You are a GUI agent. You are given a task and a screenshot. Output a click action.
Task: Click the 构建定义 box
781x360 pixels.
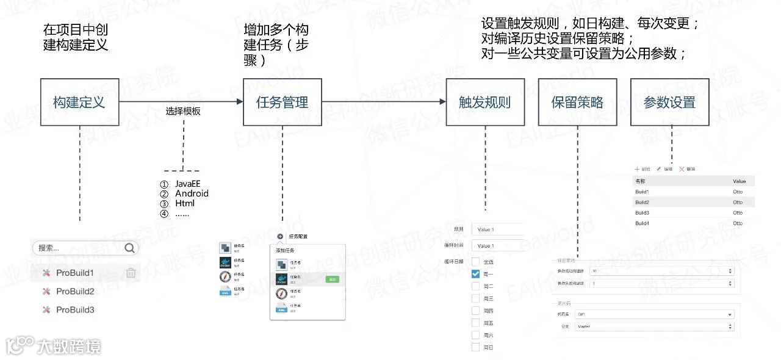click(x=79, y=103)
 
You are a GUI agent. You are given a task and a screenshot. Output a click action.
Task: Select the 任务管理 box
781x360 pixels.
click(x=282, y=103)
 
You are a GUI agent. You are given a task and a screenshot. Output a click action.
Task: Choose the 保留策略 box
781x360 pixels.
click(x=577, y=103)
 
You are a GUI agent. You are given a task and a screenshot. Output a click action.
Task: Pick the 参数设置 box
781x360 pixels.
click(x=669, y=103)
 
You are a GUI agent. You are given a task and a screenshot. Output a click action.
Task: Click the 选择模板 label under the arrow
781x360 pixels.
click(x=183, y=112)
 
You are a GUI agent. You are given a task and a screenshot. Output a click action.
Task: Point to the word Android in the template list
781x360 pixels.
click(x=192, y=193)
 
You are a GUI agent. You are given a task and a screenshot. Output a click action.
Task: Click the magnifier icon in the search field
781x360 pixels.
click(x=129, y=248)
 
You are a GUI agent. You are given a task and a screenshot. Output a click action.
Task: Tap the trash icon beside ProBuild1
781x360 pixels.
click(x=131, y=273)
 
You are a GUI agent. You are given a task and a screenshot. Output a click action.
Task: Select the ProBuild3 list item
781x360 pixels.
click(x=75, y=310)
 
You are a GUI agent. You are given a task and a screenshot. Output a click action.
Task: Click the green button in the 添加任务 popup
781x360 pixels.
click(x=332, y=279)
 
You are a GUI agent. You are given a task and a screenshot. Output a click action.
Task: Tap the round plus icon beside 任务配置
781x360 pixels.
click(x=279, y=236)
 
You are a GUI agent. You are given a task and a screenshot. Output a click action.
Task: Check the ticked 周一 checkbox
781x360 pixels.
click(x=475, y=274)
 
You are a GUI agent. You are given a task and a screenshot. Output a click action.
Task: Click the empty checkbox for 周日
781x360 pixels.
click(x=475, y=347)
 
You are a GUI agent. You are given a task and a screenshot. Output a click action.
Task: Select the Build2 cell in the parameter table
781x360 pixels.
click(x=642, y=202)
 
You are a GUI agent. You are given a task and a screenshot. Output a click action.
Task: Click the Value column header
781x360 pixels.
click(x=739, y=181)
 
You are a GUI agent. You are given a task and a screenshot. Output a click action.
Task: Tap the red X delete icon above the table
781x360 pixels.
click(x=682, y=169)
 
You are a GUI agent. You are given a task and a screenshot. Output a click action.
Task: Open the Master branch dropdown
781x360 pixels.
click(x=653, y=326)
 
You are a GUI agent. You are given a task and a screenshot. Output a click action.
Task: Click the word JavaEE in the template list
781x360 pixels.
click(x=188, y=184)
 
